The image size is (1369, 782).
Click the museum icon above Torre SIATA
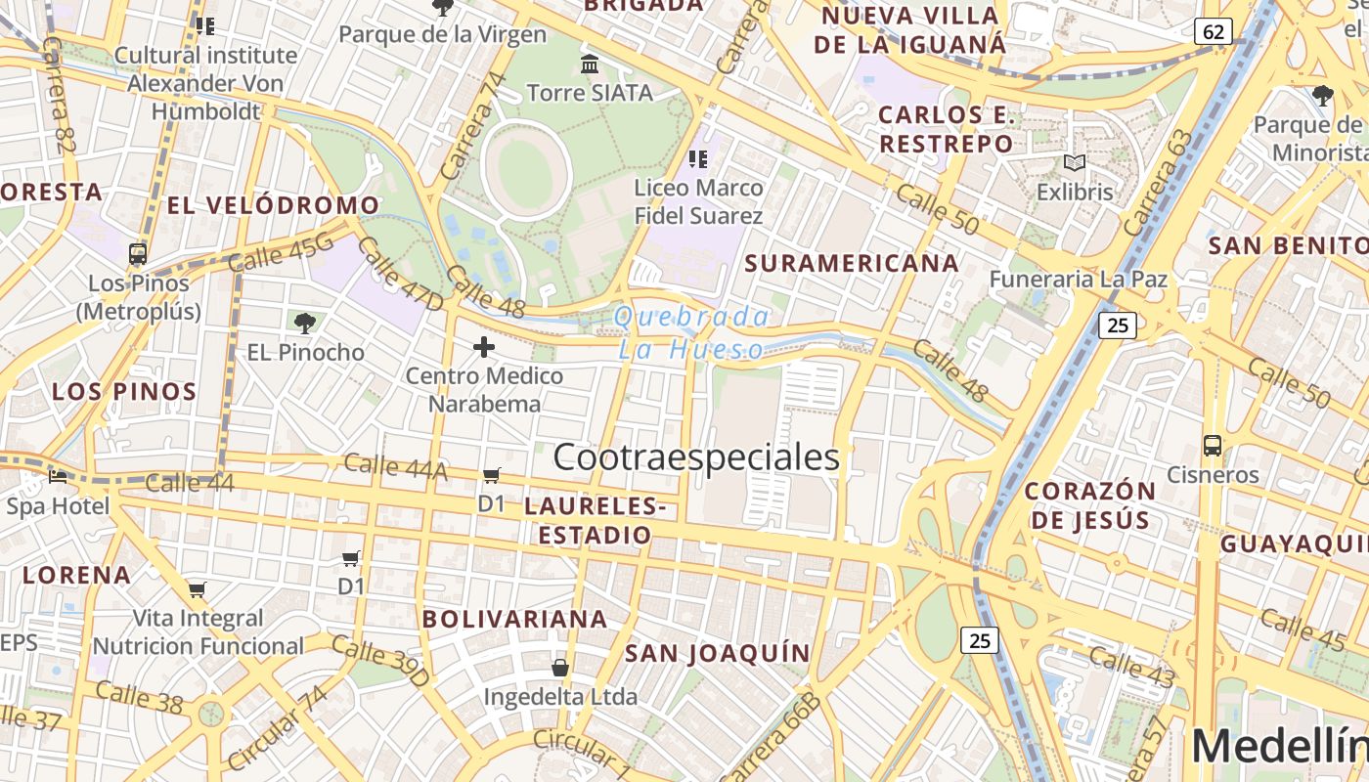point(590,65)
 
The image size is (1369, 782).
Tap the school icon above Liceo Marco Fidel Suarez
point(697,158)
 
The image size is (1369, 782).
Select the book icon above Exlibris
point(1075,162)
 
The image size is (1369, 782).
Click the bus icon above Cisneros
point(1213,446)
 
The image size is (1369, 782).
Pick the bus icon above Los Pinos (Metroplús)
point(138,254)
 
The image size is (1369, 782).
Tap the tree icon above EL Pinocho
point(305,323)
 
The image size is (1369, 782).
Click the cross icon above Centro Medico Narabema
point(484,347)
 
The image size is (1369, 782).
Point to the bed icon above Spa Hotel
point(58,478)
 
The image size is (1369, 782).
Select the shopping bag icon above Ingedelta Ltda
point(560,668)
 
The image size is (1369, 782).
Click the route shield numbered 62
point(1213,31)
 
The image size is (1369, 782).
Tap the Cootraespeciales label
point(696,456)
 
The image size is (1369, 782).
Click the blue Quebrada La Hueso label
point(692,332)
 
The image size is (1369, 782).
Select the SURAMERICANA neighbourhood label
point(852,263)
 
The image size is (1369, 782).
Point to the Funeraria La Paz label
point(1079,280)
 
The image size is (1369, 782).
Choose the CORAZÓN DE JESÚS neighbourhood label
point(1090,504)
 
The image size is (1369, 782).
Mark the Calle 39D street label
point(380,660)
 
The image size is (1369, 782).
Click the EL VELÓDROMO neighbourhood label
point(273,205)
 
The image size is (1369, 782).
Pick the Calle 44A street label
point(395,467)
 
